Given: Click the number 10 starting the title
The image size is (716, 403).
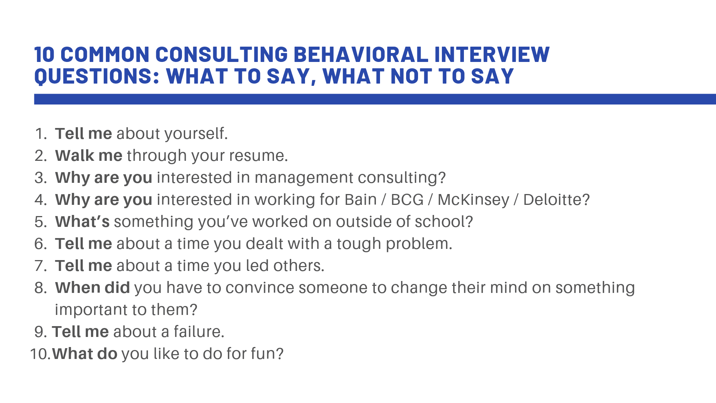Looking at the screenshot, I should (45, 54).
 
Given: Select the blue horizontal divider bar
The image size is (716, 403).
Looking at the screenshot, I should (373, 99).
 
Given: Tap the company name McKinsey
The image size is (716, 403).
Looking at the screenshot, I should (473, 200).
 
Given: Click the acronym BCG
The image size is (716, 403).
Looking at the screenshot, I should (407, 200).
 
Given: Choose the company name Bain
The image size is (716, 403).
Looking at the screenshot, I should (360, 200).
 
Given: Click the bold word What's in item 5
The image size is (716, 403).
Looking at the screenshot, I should (82, 222).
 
